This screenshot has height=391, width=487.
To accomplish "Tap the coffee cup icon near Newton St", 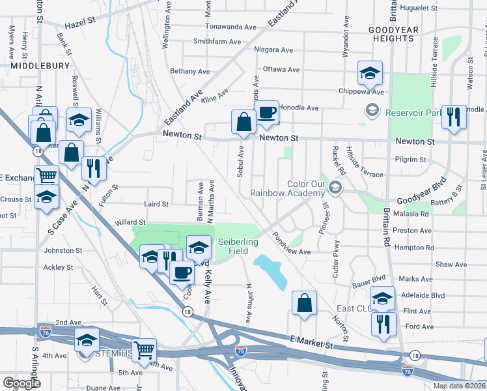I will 266,113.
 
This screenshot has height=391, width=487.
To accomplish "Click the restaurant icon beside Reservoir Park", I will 453,117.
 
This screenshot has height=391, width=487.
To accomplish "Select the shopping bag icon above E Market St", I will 304,302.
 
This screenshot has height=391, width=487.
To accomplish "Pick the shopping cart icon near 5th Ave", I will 144,350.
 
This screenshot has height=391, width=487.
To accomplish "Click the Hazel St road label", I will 80,21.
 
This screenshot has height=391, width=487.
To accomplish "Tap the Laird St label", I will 156,204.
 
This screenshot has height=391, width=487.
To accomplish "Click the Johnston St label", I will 63,250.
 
